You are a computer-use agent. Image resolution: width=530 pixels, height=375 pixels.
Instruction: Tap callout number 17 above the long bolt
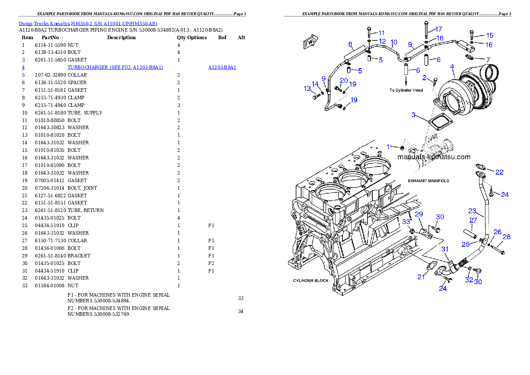438,29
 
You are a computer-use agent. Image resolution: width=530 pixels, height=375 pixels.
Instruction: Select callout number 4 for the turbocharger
452,67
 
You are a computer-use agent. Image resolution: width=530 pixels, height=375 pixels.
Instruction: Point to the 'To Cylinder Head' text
406,90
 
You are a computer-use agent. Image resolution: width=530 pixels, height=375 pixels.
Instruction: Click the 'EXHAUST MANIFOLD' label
428,181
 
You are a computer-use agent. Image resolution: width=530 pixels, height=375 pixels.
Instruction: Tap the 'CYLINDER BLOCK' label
310,281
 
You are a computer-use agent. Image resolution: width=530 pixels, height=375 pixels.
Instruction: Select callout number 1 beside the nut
388,146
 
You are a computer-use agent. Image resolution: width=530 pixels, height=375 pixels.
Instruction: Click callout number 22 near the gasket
499,172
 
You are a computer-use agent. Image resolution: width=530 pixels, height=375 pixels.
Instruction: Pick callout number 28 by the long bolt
506,237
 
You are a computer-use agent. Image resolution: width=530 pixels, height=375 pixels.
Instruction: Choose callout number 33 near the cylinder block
406,221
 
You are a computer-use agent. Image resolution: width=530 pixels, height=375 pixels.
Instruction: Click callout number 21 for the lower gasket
421,277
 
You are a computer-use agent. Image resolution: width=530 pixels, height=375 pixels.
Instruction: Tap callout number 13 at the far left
307,89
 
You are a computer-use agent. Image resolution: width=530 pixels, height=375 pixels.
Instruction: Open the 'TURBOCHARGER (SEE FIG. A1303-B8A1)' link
115,68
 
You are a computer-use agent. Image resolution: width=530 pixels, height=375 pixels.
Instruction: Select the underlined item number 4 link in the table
23,68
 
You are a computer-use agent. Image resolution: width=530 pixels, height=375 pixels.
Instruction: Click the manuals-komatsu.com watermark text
433,157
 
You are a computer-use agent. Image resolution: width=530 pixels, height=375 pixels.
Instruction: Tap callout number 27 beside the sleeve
473,220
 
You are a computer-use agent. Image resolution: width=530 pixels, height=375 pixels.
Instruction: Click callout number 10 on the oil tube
394,42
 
